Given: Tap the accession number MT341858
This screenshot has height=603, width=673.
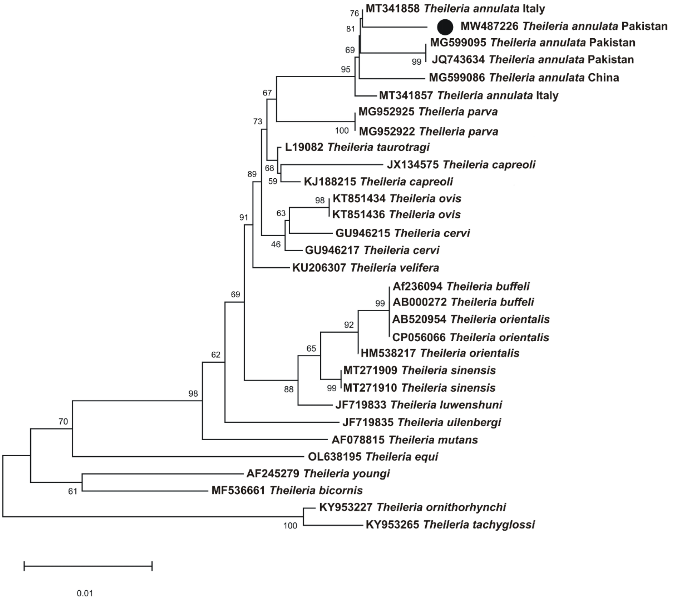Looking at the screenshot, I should pyautogui.click(x=393, y=9).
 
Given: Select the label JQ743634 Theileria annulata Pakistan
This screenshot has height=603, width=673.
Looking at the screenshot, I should pyautogui.click(x=532, y=60).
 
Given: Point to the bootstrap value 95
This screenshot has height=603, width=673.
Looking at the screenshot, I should pyautogui.click(x=346, y=69).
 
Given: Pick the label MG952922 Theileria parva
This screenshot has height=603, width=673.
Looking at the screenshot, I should pyautogui.click(x=428, y=132).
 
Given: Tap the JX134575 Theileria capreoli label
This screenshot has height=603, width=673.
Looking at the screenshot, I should pyautogui.click(x=461, y=165).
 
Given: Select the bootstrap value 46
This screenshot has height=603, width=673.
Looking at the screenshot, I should pyautogui.click(x=276, y=245).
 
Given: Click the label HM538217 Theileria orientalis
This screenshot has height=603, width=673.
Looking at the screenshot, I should pyautogui.click(x=440, y=353).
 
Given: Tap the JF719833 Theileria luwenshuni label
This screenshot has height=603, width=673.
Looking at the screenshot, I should pyautogui.click(x=419, y=405).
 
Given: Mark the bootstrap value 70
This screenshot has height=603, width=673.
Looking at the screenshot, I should pyautogui.click(x=63, y=422).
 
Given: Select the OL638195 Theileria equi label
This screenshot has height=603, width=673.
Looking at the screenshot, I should pyautogui.click(x=373, y=457).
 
